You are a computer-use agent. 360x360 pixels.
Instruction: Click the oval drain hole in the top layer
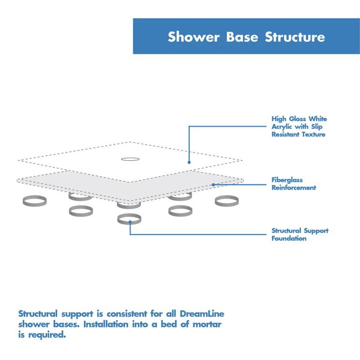coord(129,159)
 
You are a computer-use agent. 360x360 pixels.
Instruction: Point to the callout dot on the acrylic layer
coord(189,162)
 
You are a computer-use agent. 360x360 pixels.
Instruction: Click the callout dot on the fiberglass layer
coord(213,184)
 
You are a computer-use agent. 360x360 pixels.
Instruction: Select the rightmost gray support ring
coord(226,201)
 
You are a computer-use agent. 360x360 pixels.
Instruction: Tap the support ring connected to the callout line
coord(129,219)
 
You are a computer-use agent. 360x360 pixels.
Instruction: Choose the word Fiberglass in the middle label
coord(287,180)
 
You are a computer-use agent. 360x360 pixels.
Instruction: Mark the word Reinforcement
coord(294,188)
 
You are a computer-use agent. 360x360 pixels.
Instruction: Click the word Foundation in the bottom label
coord(289,238)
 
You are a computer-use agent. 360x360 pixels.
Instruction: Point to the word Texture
coord(313,134)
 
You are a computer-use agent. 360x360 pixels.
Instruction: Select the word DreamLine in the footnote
coord(202,314)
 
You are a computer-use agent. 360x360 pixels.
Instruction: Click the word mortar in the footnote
coord(206,324)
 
